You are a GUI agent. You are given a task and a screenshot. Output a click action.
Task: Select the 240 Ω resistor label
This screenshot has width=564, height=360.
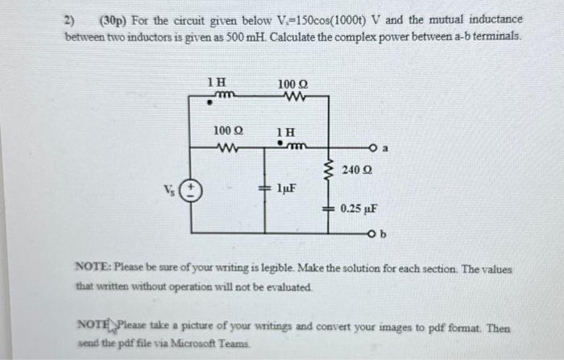[x=358, y=170]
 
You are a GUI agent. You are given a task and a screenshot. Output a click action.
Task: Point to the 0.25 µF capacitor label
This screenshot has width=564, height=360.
[x=356, y=208]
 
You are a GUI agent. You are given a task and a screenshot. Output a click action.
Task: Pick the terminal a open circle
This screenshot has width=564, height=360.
[x=374, y=149]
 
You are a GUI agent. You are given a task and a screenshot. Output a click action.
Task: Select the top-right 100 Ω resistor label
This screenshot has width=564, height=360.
[x=292, y=83]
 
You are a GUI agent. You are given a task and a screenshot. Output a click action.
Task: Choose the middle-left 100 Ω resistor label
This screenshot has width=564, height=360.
[x=230, y=130]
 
